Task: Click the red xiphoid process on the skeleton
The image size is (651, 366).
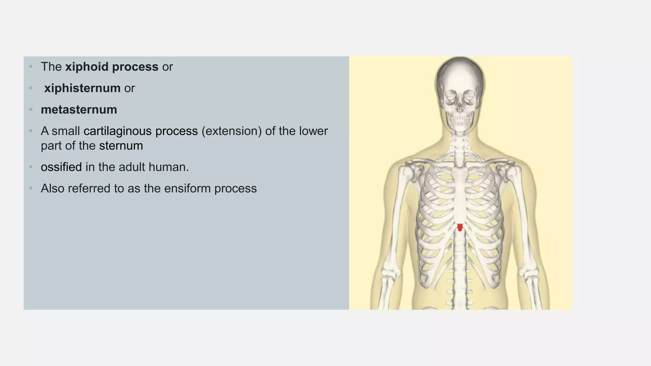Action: click(x=460, y=227)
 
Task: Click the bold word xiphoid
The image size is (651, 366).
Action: click(x=87, y=67)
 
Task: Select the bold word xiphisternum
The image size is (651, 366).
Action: click(x=82, y=88)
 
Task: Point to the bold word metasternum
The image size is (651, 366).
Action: click(x=79, y=110)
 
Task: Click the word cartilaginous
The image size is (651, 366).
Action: click(x=118, y=131)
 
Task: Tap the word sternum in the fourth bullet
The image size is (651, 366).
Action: click(x=121, y=146)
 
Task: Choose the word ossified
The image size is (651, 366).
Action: click(x=61, y=167)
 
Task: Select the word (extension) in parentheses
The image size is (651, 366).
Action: click(x=231, y=131)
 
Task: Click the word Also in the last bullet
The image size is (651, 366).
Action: click(x=52, y=188)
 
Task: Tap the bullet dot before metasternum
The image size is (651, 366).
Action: click(x=31, y=110)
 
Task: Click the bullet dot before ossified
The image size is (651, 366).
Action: click(x=31, y=167)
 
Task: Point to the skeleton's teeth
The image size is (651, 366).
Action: click(x=460, y=120)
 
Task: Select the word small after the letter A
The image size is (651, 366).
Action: click(x=66, y=131)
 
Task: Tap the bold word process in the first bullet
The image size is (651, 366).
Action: click(x=135, y=67)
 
